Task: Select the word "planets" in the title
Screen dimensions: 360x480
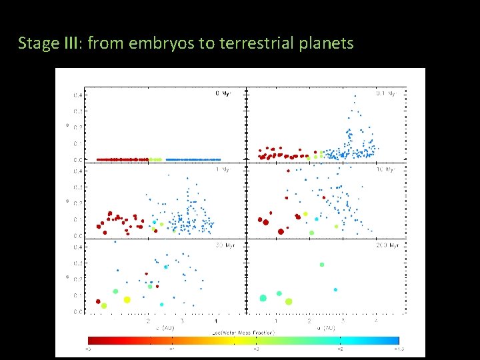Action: coord(328,44)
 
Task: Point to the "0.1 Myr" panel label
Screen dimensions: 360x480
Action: coord(385,93)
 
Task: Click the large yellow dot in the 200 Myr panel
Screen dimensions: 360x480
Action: coord(289,301)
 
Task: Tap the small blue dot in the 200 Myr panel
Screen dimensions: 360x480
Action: coord(335,289)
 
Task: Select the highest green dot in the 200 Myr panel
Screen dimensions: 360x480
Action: coord(322,265)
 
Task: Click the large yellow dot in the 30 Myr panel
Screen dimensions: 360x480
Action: coord(127,299)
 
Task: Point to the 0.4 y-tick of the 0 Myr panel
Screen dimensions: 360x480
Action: coord(78,95)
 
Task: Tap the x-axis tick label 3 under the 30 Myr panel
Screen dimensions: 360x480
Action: coord(182,321)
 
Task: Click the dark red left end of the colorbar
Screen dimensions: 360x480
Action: coord(93,340)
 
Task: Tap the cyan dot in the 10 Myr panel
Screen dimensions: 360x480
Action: coord(317,218)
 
